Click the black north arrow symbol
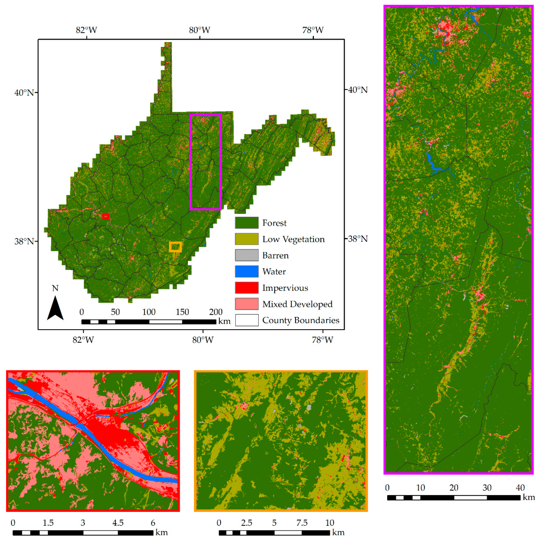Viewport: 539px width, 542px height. click(55, 308)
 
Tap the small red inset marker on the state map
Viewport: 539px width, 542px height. click(106, 216)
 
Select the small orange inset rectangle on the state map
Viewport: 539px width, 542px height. click(175, 247)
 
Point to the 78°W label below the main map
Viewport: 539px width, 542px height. click(323, 340)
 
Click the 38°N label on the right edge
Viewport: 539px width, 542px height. click(358, 239)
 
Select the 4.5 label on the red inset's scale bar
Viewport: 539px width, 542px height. click(118, 523)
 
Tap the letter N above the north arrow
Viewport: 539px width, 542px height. click(55, 288)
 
